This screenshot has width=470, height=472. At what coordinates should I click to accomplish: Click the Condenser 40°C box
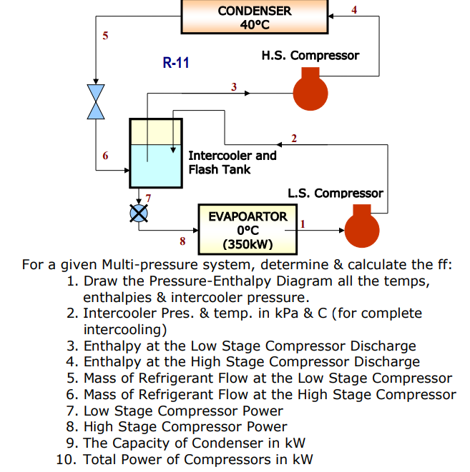point(255,17)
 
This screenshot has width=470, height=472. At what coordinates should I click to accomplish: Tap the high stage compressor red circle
point(310,91)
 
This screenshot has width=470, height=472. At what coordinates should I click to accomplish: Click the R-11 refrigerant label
point(176,63)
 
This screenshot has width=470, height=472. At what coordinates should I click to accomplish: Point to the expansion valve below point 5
point(95,101)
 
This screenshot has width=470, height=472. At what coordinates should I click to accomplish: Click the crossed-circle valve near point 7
point(138,212)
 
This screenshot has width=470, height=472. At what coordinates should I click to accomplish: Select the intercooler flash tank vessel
point(152,154)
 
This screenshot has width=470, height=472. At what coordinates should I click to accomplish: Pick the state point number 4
point(354,9)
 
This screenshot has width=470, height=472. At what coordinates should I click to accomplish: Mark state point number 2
point(294,137)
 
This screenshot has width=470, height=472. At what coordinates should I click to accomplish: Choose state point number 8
point(182,241)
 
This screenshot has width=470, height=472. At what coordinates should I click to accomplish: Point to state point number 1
point(303,224)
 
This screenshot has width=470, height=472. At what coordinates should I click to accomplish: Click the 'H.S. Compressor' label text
point(310,55)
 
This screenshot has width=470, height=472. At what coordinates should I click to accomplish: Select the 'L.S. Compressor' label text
point(335,193)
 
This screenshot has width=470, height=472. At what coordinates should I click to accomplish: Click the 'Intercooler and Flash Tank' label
point(232,162)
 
